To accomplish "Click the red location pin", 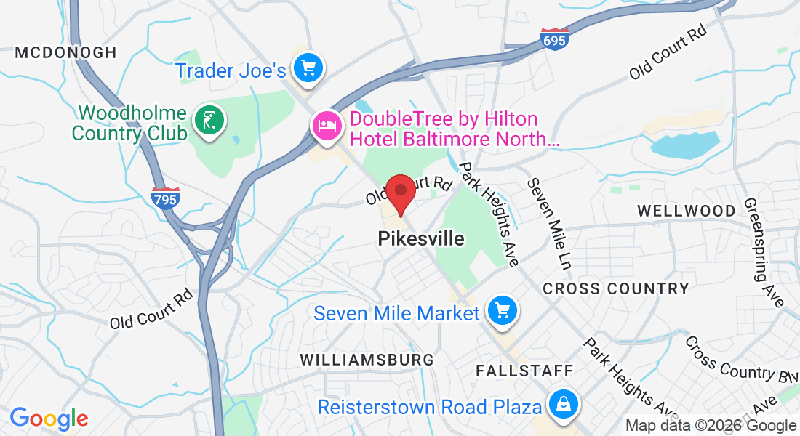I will [400, 193].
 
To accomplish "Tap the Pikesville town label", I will [421, 238].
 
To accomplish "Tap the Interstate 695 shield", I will [554, 39].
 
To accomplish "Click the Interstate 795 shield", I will [166, 198].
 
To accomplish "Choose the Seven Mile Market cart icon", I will [502, 311].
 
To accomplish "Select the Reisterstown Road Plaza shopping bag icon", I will [563, 405].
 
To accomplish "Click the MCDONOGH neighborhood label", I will [65, 52].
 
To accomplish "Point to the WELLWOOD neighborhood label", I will [686, 211].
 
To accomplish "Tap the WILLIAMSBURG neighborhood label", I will [367, 360].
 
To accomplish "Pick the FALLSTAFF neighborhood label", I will [524, 371].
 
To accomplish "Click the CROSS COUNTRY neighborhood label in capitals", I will [616, 288].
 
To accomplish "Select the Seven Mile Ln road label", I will [551, 222].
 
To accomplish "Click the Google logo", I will [49, 419].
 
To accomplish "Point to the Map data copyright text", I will [711, 426].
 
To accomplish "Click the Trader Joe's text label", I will [231, 71].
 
